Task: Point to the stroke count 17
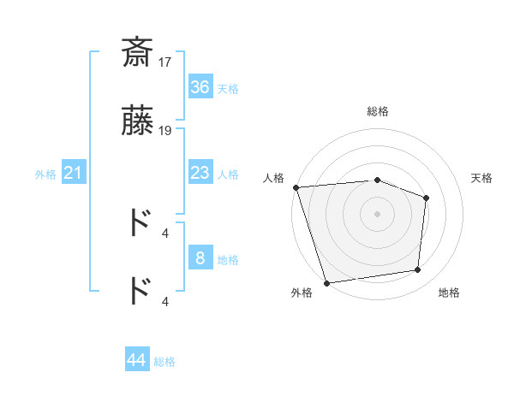pos(166,62)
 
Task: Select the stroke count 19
pos(166,131)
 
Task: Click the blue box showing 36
pos(200,87)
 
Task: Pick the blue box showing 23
pos(200,174)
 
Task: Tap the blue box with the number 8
pos(200,258)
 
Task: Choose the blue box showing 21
pos(73,174)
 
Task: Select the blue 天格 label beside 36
pos(228,89)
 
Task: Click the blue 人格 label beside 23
pos(228,174)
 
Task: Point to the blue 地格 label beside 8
pos(228,260)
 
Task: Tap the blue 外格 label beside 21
pos(45,174)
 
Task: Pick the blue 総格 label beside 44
pos(164,362)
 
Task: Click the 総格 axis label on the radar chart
pos(378,111)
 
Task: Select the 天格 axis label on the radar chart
pos(482,178)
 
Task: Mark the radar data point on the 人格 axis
pos(296,187)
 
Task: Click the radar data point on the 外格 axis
pos(326,282)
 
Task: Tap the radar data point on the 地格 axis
pos(418,270)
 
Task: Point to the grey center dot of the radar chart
pos(377,213)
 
